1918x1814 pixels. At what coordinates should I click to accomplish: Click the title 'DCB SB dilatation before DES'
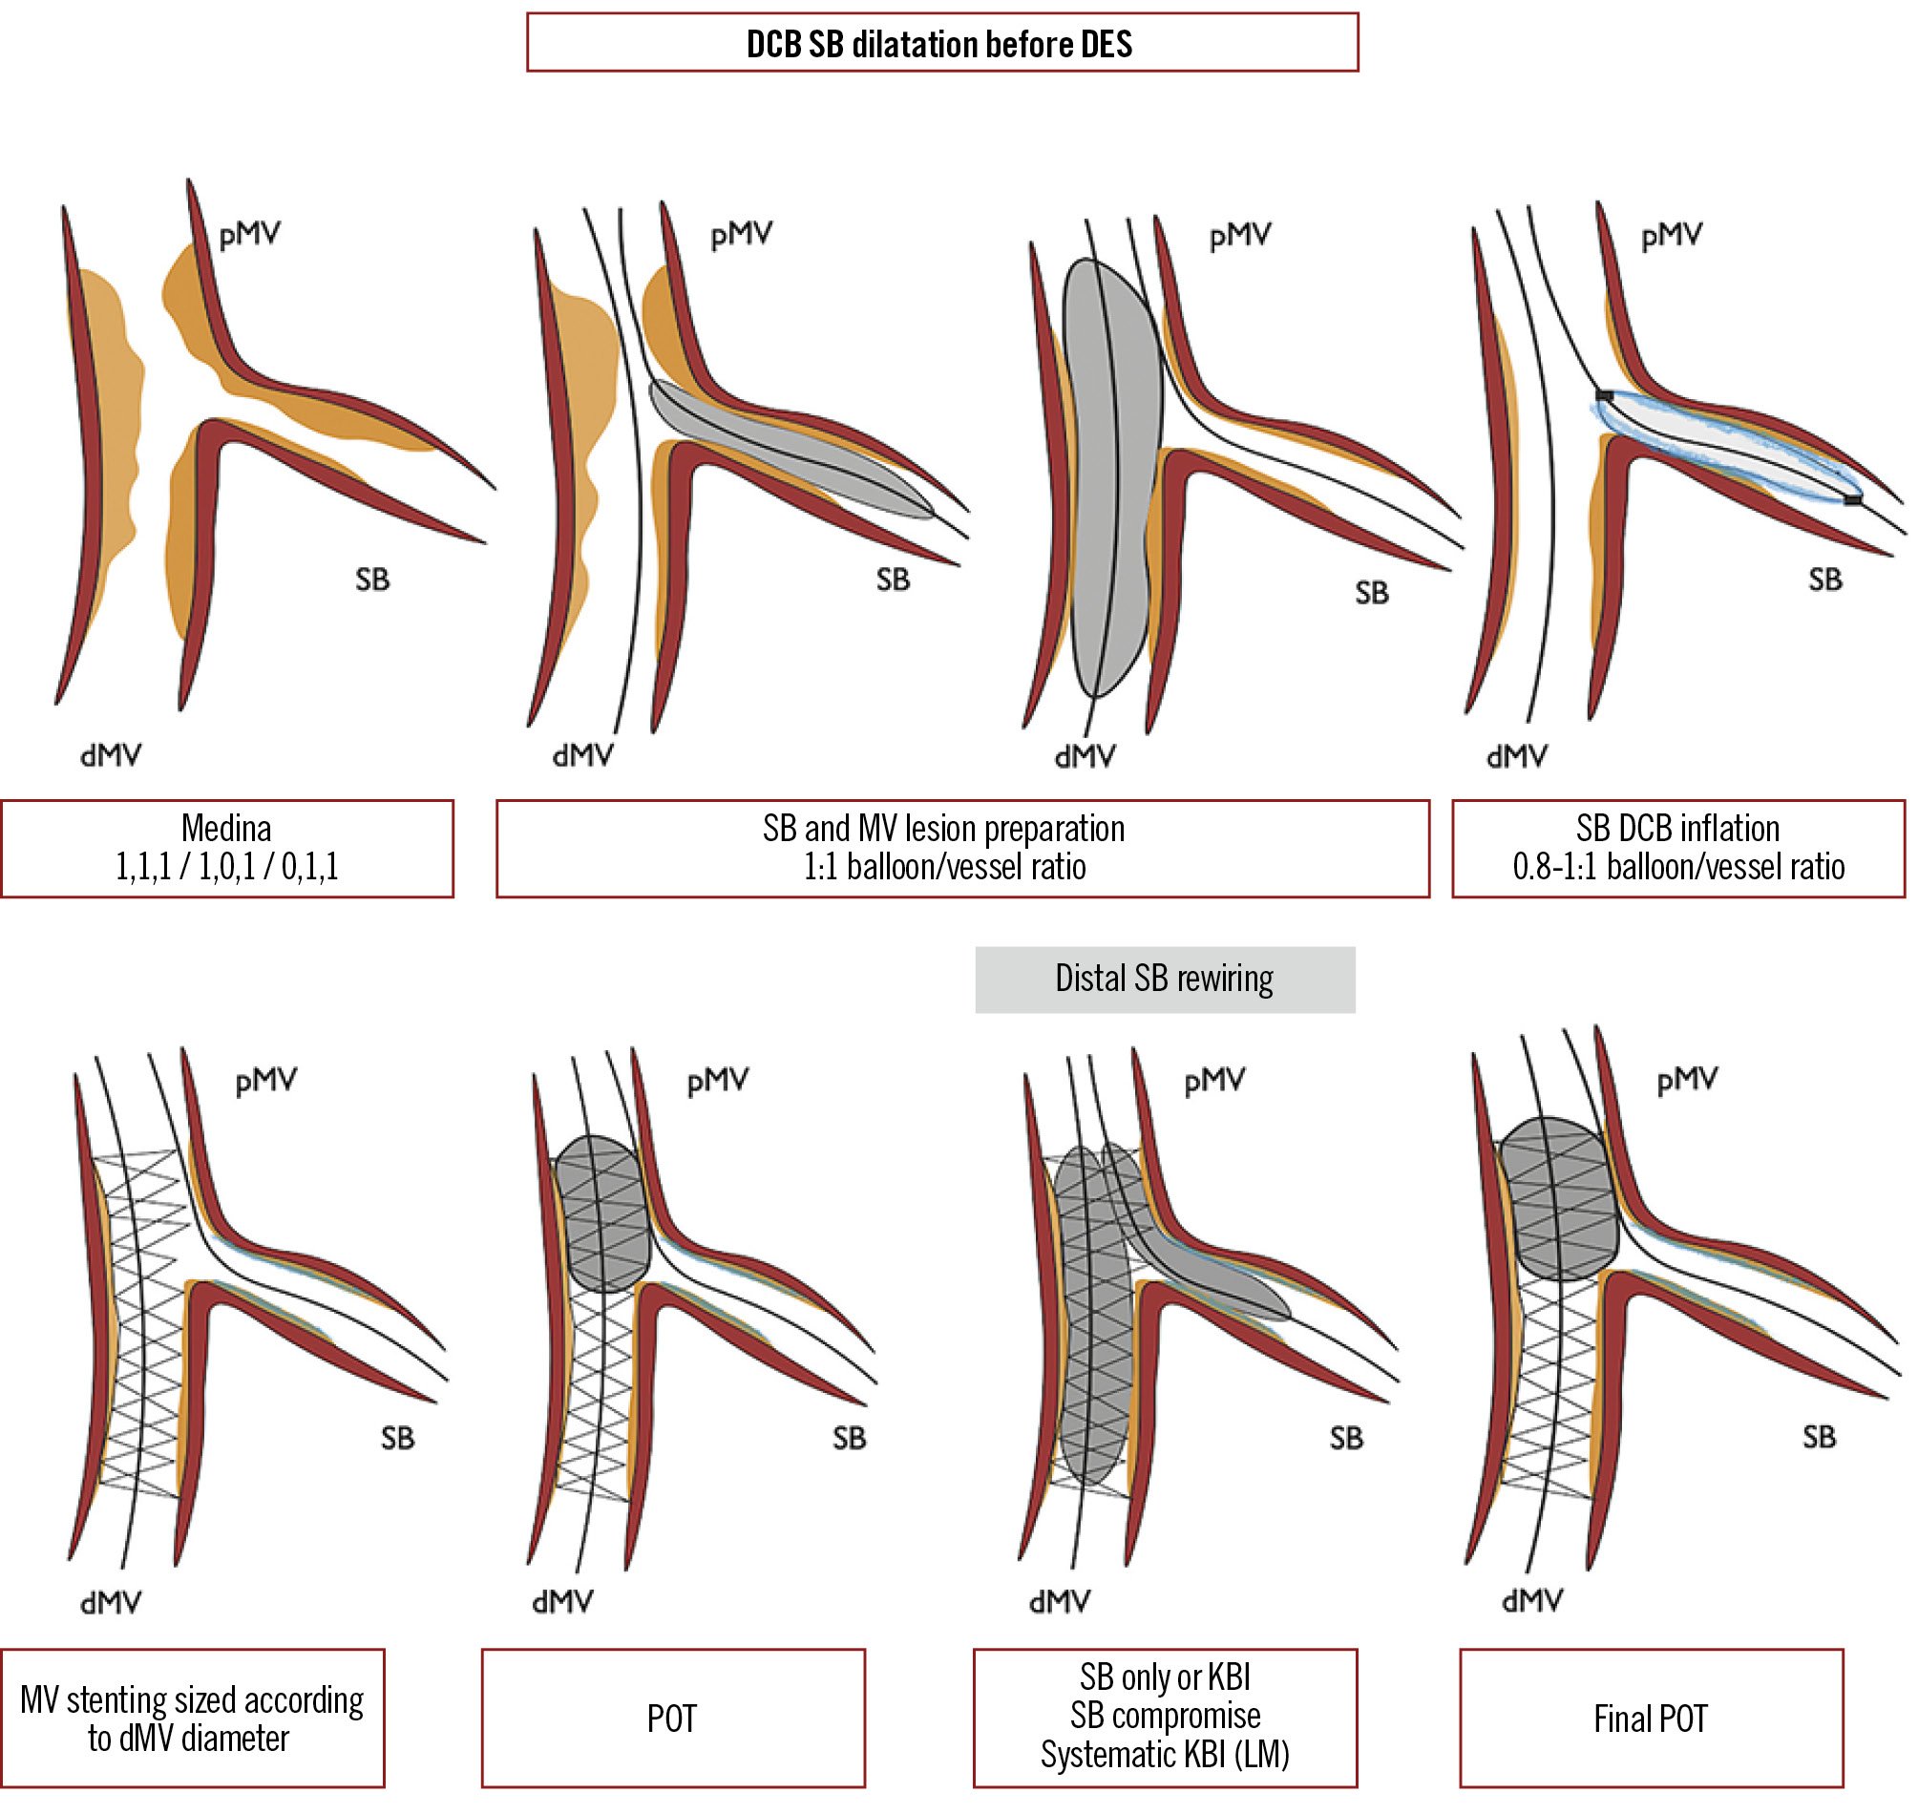pyautogui.click(x=940, y=44)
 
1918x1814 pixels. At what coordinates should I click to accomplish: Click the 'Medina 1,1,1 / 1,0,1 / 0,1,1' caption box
pyautogui.click(x=226, y=848)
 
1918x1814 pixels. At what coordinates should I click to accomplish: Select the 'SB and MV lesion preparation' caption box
pyautogui.click(x=962, y=848)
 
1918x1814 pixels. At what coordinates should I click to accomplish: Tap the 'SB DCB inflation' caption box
pyautogui.click(x=1677, y=848)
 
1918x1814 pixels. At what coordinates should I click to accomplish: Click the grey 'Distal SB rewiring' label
pyautogui.click(x=1164, y=979)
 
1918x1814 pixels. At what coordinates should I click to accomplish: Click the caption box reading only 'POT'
pyautogui.click(x=672, y=1719)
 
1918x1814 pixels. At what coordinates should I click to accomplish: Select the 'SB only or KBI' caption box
pyautogui.click(x=1164, y=1719)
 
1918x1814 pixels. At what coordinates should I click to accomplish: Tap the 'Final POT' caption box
pyautogui.click(x=1651, y=1719)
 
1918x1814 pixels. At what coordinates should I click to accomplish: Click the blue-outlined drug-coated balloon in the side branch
pyautogui.click(x=1725, y=447)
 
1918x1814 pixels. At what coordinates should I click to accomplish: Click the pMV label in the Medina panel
pyautogui.click(x=249, y=235)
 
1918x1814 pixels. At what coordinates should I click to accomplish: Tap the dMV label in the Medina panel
pyautogui.click(x=110, y=755)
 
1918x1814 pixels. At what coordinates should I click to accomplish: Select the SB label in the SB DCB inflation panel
pyautogui.click(x=1825, y=580)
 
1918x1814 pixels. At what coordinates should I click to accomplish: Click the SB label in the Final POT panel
pyautogui.click(x=1819, y=1437)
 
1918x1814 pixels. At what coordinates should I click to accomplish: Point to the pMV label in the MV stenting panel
pyautogui.click(x=265, y=1080)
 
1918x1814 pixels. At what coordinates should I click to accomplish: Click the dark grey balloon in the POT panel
pyautogui.click(x=602, y=1213)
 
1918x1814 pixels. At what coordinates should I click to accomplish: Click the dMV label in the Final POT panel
pyautogui.click(x=1532, y=1602)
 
